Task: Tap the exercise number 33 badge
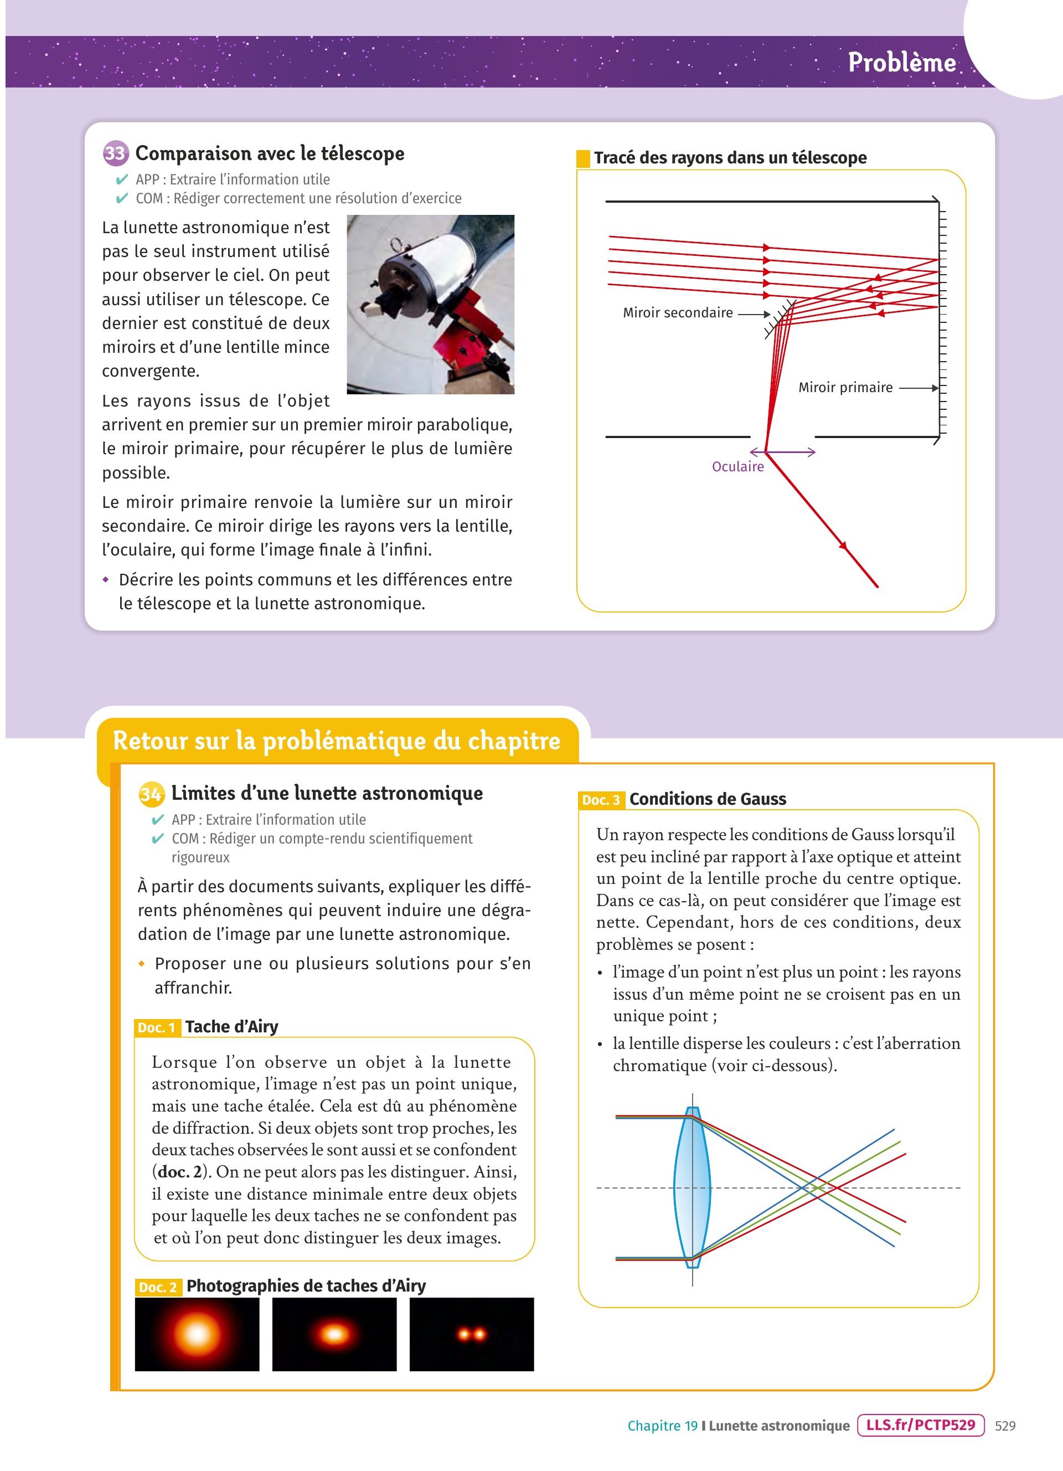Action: click(115, 154)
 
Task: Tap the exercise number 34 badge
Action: click(151, 794)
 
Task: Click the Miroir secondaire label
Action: click(677, 312)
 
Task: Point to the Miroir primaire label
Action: click(845, 387)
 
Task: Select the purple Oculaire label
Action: click(737, 466)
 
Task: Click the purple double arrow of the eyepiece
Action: click(782, 452)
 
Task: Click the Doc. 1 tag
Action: click(157, 1027)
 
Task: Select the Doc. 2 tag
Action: click(157, 1287)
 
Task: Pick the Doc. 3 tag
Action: click(601, 800)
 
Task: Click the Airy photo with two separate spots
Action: click(471, 1334)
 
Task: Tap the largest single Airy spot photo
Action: click(197, 1334)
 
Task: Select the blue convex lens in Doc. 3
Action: click(692, 1187)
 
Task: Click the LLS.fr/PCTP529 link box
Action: click(920, 1425)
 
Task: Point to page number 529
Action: click(1005, 1426)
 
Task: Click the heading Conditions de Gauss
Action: click(707, 799)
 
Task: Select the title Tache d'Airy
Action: click(231, 1027)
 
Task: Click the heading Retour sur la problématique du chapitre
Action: click(337, 740)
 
